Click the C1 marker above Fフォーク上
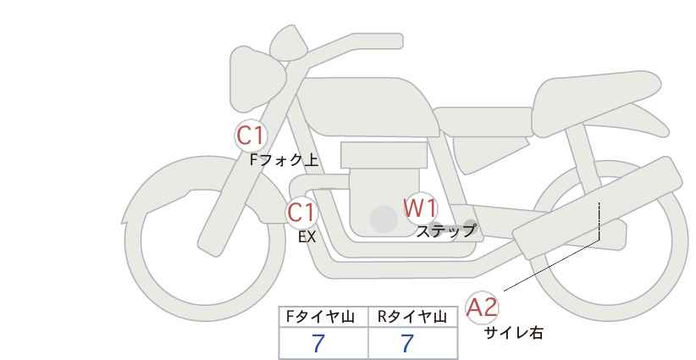pyautogui.click(x=251, y=136)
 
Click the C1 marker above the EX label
pyautogui.click(x=301, y=212)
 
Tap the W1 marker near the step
pyautogui.click(x=420, y=208)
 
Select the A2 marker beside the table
pyautogui.click(x=482, y=307)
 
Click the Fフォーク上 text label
pyautogui.click(x=284, y=160)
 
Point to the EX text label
pyautogui.click(x=307, y=237)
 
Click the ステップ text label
pyautogui.click(x=445, y=231)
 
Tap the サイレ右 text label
pyautogui.click(x=513, y=333)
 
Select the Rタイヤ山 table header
pyautogui.click(x=412, y=317)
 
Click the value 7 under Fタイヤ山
pyautogui.click(x=318, y=343)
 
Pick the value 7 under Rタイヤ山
pyautogui.click(x=407, y=343)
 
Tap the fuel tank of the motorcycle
pyautogui.click(x=366, y=106)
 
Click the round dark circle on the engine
pyautogui.click(x=384, y=219)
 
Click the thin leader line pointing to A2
pyautogui.click(x=552, y=265)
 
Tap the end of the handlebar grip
pyautogui.click(x=400, y=42)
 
